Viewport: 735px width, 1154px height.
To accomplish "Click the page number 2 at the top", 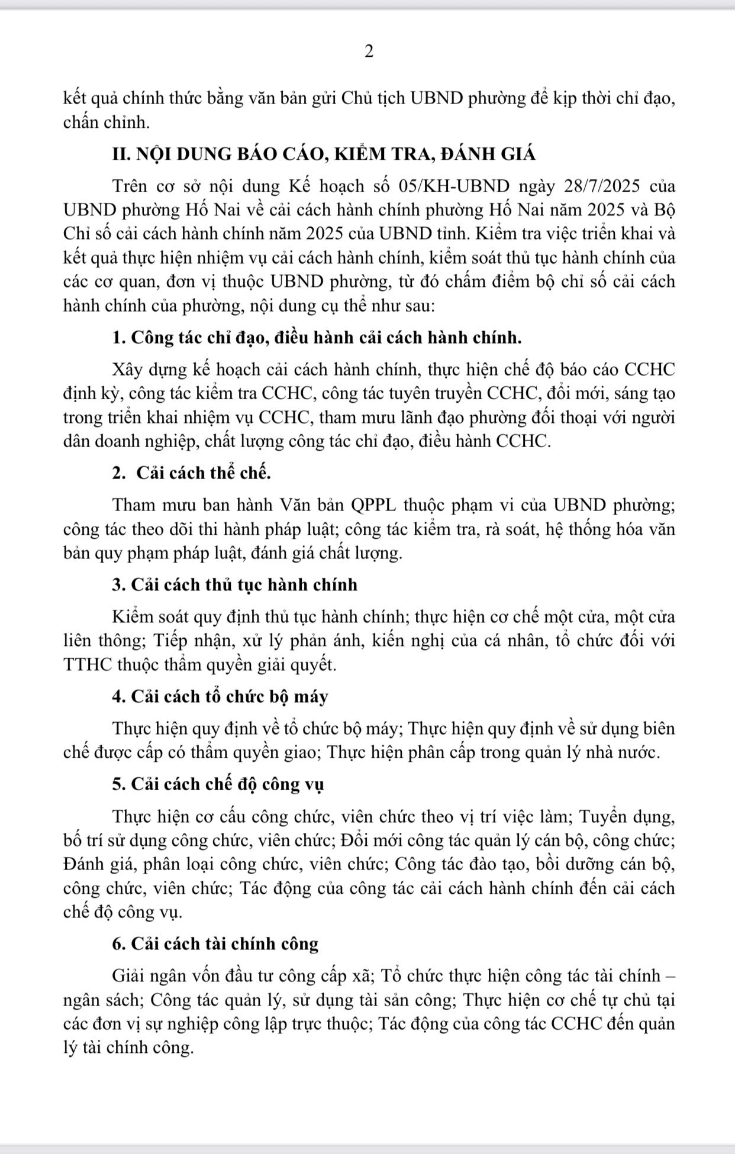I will [369, 52].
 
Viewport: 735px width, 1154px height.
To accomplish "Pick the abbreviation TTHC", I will [88, 665].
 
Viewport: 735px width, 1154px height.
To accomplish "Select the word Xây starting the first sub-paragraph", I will [127, 370].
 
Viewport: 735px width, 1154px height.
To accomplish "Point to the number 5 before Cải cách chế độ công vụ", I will [117, 785].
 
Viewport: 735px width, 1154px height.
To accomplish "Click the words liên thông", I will [100, 641].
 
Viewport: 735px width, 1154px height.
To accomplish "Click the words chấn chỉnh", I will [105, 123].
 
